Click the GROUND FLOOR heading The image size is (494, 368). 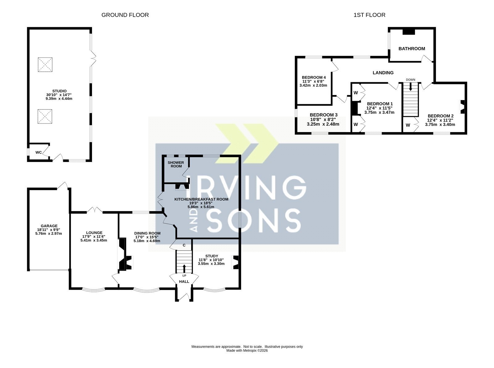(125, 15)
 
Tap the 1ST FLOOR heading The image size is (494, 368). (370, 15)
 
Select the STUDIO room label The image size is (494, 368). (59, 91)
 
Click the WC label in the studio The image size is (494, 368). (39, 152)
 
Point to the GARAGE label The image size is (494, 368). (49, 226)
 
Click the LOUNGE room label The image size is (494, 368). (94, 233)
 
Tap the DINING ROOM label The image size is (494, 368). (147, 233)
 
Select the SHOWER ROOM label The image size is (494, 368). (176, 164)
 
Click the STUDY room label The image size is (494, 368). (211, 256)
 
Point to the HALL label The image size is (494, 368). (184, 282)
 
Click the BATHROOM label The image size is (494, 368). (412, 49)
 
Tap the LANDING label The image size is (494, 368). (383, 73)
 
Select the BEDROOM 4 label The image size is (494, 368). (314, 77)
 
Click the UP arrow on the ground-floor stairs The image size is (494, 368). (184, 268)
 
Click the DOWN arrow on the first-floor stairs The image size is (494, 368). (410, 87)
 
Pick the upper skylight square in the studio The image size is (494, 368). (45, 65)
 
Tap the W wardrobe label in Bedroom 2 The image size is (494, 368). (408, 125)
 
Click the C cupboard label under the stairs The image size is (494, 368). (184, 245)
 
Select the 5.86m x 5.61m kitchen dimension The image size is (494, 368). (201, 207)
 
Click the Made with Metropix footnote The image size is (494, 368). (247, 351)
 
